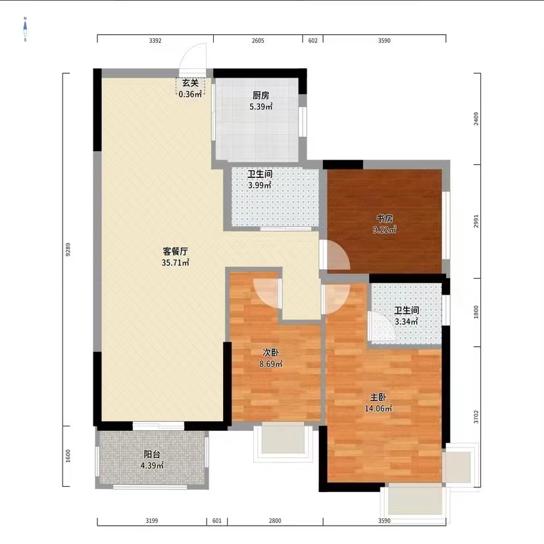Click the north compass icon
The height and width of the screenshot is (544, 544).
(x=25, y=29)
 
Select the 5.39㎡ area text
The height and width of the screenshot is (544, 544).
(x=260, y=106)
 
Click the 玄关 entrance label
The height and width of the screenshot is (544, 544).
(x=190, y=83)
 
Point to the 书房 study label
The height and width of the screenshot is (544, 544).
(x=385, y=218)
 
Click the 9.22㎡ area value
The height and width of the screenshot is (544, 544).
(x=385, y=230)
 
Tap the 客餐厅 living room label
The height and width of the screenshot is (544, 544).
(x=176, y=251)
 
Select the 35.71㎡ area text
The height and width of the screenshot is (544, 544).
(x=176, y=263)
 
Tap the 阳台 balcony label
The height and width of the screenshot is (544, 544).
(x=152, y=454)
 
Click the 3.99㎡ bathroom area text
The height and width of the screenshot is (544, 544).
(x=260, y=185)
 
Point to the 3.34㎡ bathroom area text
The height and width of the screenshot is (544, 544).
(x=406, y=322)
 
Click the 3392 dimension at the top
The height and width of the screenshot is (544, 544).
(x=155, y=41)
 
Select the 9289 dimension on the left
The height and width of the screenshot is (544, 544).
(x=68, y=250)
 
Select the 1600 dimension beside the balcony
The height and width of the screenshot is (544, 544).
(x=68, y=456)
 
